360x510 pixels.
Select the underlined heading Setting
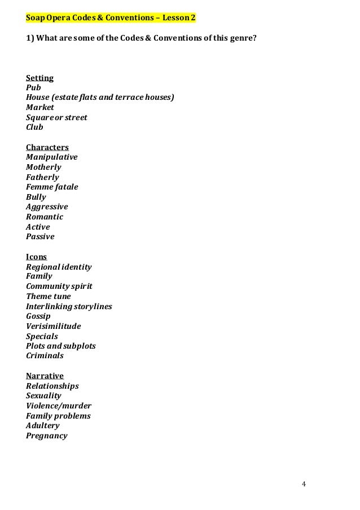tap(39, 78)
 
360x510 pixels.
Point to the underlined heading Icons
tap(36, 257)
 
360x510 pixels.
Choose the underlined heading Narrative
tap(45, 376)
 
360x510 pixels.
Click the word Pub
tap(33, 88)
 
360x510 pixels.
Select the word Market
tap(40, 107)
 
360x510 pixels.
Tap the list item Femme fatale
tap(52, 187)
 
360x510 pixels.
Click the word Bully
tap(36, 197)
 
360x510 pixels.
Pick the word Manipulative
tap(52, 157)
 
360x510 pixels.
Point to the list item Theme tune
tap(49, 296)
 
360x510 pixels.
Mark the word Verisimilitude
tap(54, 326)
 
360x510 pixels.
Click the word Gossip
tap(38, 316)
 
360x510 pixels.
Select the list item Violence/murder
tap(59, 406)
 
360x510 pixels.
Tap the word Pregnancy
tap(47, 436)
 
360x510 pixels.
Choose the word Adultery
tap(43, 426)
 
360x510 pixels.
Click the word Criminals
tap(45, 356)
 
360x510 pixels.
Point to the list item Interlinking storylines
tap(69, 306)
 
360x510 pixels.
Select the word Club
tap(34, 128)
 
